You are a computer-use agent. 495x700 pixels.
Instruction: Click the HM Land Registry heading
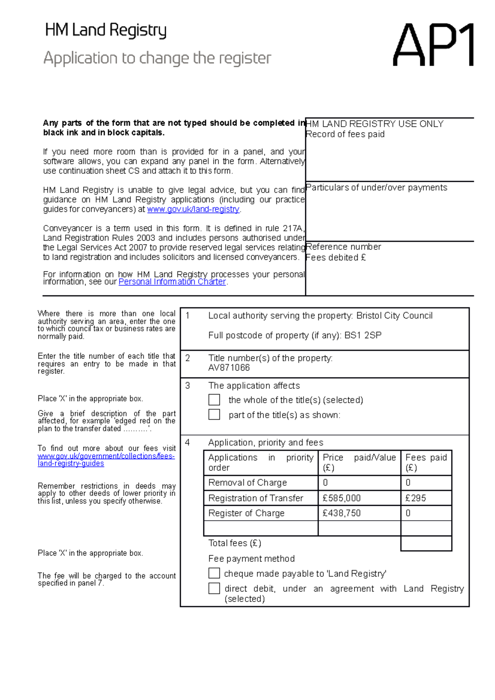pos(106,31)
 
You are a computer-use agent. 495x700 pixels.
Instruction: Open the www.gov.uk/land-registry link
pos(193,209)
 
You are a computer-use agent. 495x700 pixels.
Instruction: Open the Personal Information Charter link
pos(172,282)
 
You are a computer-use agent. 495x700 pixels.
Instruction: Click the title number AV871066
pos(229,368)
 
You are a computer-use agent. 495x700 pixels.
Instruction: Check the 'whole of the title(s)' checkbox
pos(214,399)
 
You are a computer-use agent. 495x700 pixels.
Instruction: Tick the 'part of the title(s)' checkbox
pos(214,414)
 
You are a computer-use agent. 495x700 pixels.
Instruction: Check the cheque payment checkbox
pos(214,573)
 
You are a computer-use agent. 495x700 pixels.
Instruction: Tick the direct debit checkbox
pos(214,588)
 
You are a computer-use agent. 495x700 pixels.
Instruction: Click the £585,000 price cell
pos(342,498)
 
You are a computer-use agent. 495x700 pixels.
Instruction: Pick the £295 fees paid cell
pos(416,498)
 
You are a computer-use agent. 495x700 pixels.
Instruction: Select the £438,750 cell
pos(342,513)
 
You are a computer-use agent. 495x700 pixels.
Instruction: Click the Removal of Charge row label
pos(247,483)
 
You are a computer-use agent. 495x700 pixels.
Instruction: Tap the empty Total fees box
pos(426,543)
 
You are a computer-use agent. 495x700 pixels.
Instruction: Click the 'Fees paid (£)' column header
pos(426,463)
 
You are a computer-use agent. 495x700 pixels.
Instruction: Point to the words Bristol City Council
pos(394,316)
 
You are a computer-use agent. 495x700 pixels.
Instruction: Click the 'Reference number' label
pos(344,247)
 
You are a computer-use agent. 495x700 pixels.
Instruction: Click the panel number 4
pos(187,442)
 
